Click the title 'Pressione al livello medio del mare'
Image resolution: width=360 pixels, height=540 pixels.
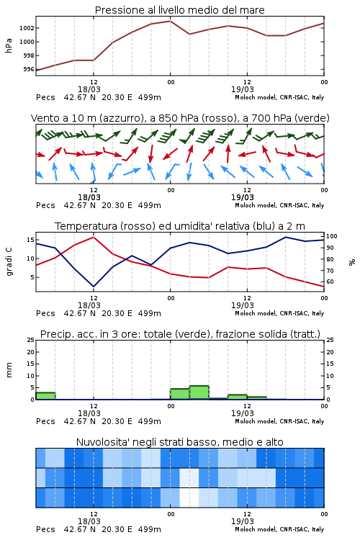pyautogui.click(x=179, y=10)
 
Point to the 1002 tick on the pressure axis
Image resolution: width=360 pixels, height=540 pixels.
pyautogui.click(x=27, y=28)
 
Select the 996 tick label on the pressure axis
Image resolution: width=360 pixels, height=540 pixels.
pyautogui.click(x=29, y=69)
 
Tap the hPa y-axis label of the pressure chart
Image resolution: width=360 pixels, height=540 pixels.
pyautogui.click(x=9, y=45)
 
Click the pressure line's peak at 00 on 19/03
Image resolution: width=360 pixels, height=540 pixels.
pyautogui.click(x=170, y=21)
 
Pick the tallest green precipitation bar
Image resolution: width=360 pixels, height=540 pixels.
pyautogui.click(x=199, y=392)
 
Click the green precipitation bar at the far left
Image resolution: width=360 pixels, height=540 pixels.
pyautogui.click(x=45, y=396)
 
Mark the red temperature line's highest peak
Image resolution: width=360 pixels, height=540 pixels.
pyautogui.click(x=94, y=237)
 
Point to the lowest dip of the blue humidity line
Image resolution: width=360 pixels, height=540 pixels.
pyautogui.click(x=94, y=286)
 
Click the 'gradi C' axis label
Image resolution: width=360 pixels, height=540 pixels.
pyautogui.click(x=9, y=261)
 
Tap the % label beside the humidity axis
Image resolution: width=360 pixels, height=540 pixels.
pyautogui.click(x=352, y=262)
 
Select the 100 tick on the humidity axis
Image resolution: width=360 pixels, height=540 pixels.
pyautogui.click(x=332, y=236)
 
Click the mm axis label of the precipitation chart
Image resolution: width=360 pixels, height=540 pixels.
pyautogui.click(x=9, y=369)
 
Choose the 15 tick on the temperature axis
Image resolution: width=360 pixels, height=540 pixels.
pyautogui.click(x=30, y=240)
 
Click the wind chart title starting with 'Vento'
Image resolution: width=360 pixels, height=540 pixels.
pyautogui.click(x=180, y=118)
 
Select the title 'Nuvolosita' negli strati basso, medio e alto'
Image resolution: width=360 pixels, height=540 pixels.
pyautogui.click(x=179, y=442)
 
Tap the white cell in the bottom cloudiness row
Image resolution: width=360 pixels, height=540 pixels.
pyautogui.click(x=189, y=498)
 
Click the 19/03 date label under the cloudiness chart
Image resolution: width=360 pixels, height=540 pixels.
pyautogui.click(x=242, y=521)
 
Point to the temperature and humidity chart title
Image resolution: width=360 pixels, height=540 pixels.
pyautogui.click(x=180, y=226)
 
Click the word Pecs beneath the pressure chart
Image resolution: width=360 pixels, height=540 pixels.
pyautogui.click(x=45, y=97)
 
